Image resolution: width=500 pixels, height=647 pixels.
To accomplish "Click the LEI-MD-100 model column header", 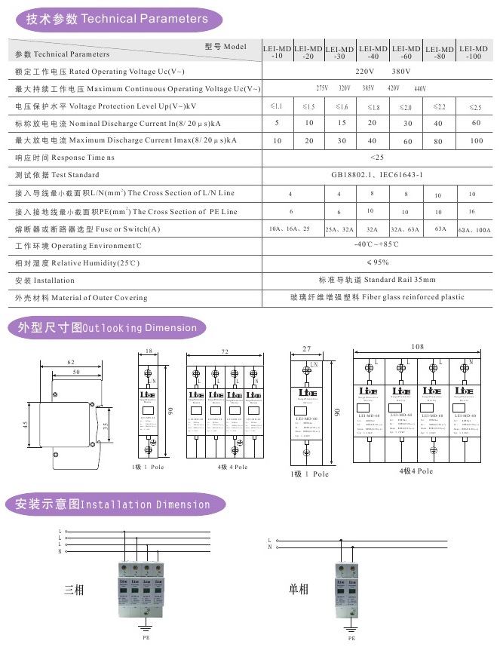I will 473,52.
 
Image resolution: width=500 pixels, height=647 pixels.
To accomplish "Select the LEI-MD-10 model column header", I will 277,52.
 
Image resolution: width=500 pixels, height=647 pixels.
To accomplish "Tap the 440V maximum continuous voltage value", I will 420,89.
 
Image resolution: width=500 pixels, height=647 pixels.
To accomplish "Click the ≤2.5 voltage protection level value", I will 475,108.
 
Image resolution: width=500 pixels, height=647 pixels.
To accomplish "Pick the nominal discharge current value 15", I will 341,122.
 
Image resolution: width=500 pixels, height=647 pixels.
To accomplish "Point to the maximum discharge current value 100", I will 476,141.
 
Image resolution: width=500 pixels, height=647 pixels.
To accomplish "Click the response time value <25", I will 377,158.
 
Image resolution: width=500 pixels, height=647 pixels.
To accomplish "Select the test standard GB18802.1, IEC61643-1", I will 377,175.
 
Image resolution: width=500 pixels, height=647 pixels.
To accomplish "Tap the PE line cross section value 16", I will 472,212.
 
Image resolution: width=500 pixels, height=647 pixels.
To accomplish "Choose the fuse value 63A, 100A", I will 474,230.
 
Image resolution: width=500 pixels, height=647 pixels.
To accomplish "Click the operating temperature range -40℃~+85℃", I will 377,244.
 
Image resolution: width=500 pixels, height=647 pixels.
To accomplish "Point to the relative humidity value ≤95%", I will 377,262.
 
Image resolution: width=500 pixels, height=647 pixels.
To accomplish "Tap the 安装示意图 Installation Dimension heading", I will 107,504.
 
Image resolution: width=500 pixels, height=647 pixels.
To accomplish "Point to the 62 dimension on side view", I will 71,363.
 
